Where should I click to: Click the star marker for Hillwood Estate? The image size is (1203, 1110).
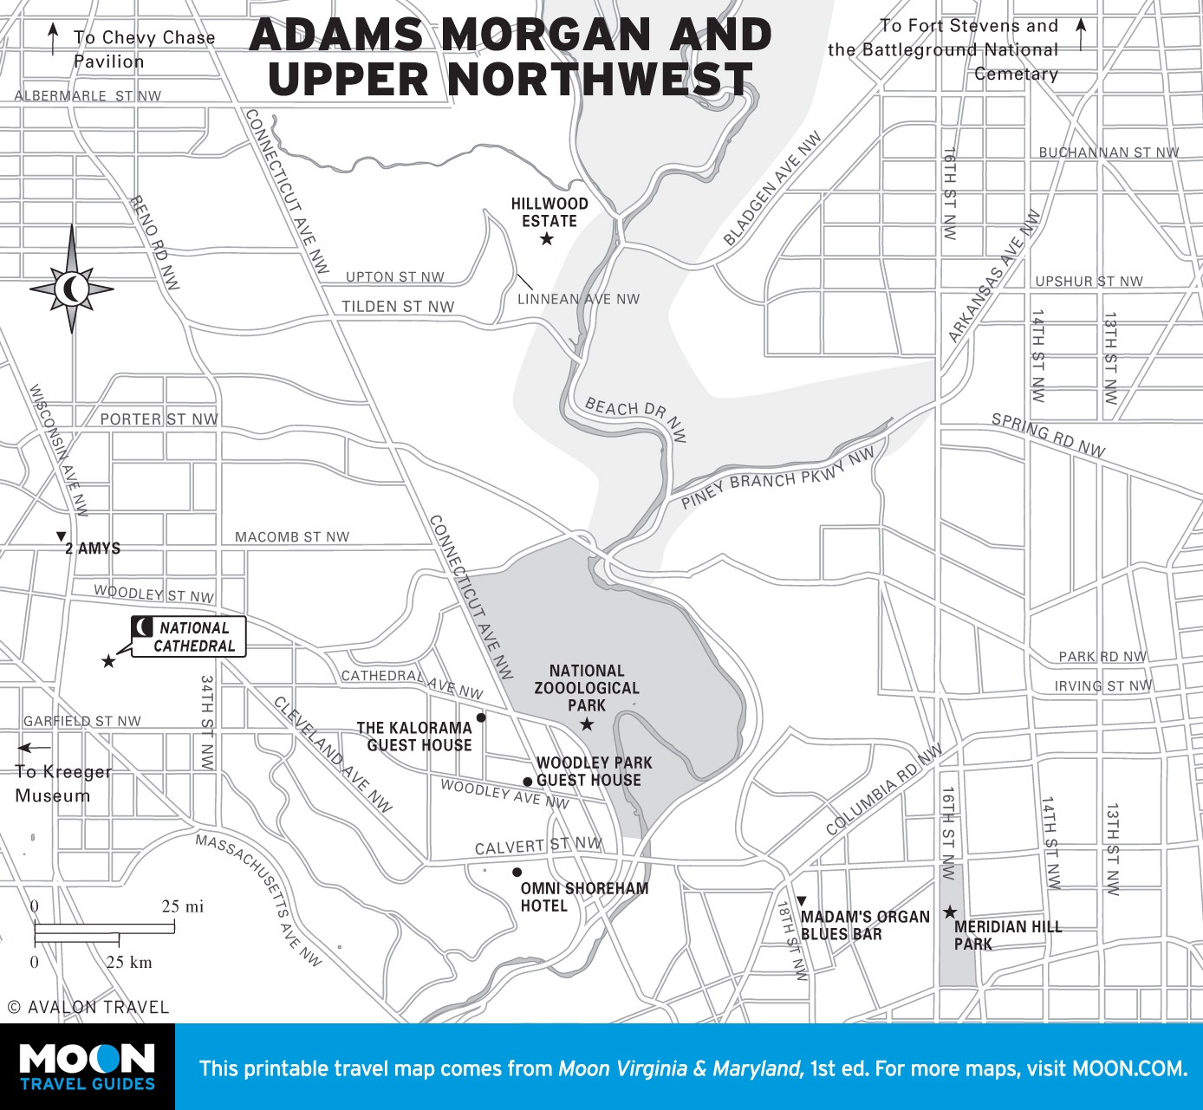pos(547,239)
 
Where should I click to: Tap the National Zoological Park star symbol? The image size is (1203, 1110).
pos(587,724)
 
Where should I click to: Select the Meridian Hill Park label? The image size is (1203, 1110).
pos(1007,935)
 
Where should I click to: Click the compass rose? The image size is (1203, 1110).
pos(72,287)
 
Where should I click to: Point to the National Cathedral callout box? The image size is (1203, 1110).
pos(189,637)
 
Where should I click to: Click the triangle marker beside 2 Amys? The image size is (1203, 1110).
pos(61,537)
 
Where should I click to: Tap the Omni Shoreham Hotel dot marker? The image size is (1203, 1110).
pos(517,873)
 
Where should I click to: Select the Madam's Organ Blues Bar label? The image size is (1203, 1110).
pos(864,925)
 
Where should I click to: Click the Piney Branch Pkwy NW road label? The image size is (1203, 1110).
pos(777,479)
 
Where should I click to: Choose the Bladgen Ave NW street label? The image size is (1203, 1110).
pos(772,190)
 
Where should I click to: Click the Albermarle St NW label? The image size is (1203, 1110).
pos(88,96)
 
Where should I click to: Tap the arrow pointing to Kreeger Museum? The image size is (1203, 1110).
pos(35,748)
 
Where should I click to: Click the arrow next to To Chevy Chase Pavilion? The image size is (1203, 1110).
pos(54,39)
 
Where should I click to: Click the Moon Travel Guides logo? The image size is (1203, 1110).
pos(88,1067)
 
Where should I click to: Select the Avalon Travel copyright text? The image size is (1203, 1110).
pos(88,1007)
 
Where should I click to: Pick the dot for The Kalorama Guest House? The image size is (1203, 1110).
pos(481,717)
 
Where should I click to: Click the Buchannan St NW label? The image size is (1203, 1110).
pos(1109,153)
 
